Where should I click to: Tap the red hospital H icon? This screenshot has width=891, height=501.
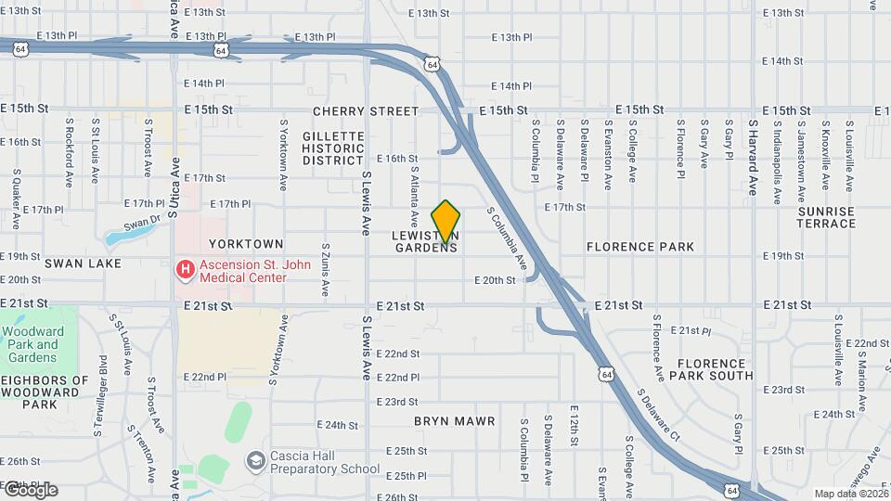point(185,270)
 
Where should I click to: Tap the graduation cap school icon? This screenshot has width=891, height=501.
point(254,461)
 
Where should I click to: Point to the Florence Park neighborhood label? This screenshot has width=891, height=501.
point(640,248)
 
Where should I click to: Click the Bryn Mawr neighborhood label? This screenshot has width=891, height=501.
point(454,421)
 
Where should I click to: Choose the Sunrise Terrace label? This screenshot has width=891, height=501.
point(826,217)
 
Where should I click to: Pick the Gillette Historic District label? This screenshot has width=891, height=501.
point(333,148)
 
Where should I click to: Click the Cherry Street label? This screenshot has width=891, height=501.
point(366,111)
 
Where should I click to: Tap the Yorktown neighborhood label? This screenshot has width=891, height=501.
point(246,243)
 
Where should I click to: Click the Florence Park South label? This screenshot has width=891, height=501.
point(715,369)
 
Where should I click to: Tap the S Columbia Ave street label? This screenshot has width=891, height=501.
point(508,237)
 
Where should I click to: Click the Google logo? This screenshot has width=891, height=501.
point(30,490)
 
